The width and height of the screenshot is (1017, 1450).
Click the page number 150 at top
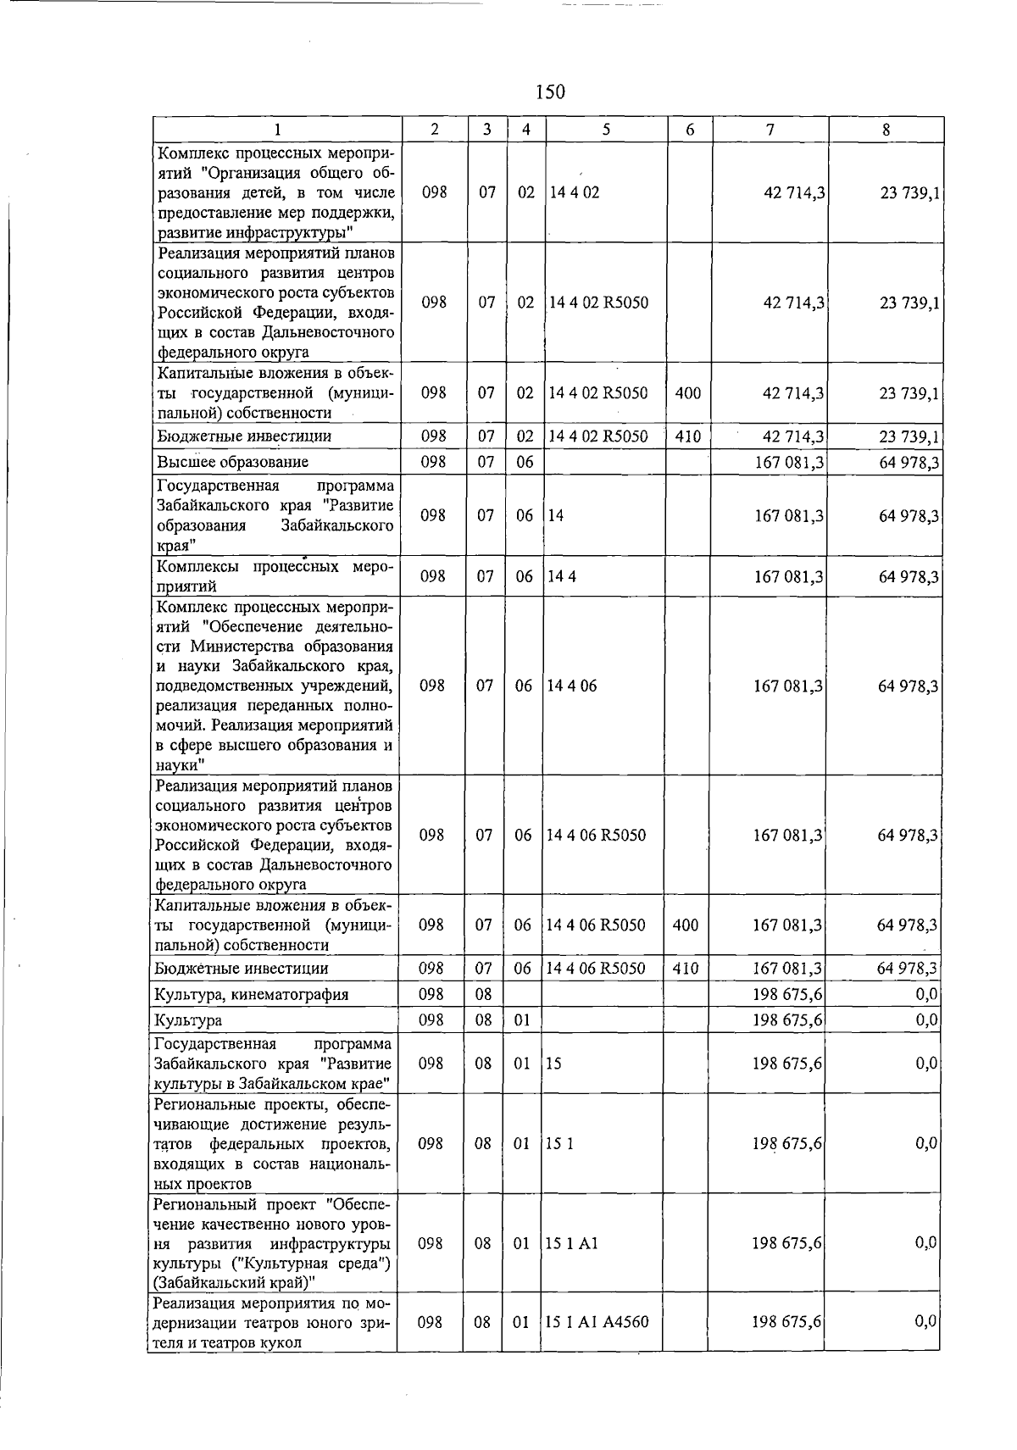(x=550, y=92)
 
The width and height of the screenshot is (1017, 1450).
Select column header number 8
(x=886, y=130)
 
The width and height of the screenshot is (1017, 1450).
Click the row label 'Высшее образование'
(x=232, y=462)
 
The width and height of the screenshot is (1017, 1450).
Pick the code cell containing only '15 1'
(x=559, y=1144)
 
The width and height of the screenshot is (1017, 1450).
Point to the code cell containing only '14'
(x=555, y=515)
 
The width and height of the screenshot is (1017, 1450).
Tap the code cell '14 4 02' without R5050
(x=574, y=192)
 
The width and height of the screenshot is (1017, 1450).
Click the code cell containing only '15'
(x=553, y=1064)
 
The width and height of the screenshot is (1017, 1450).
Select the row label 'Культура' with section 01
(x=188, y=1020)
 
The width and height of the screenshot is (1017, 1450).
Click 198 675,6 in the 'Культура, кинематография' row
(x=787, y=994)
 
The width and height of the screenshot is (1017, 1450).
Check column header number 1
(x=275, y=130)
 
